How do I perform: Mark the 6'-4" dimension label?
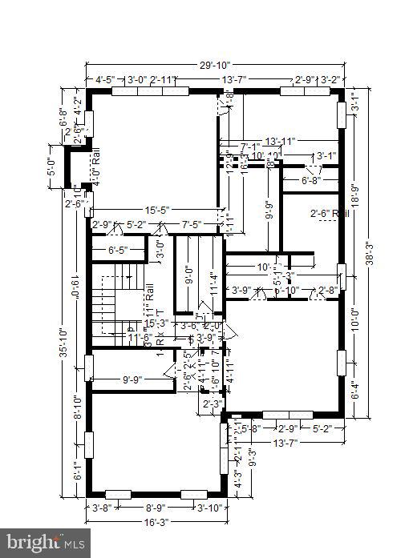355,392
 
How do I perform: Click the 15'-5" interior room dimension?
152,211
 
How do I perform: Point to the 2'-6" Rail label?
330,214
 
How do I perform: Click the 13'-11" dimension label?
279,141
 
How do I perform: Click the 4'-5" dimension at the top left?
104,80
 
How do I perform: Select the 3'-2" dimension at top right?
330,80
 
